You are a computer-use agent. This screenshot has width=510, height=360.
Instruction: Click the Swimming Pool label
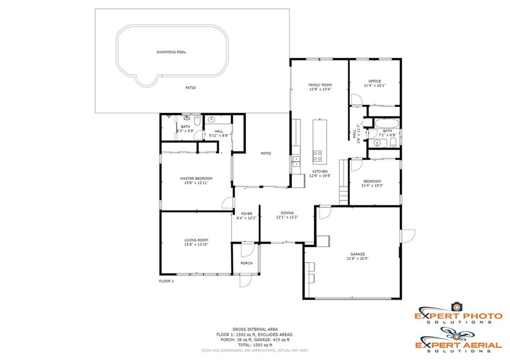coord(171,52)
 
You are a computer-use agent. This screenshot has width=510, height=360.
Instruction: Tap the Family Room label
coord(320,85)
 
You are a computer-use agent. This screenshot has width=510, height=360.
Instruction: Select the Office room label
coord(375,81)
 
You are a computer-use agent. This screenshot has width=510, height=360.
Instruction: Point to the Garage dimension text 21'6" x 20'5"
coord(358,259)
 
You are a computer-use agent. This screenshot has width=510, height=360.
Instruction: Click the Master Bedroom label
coord(196,179)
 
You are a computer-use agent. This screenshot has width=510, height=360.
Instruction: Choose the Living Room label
coord(196,240)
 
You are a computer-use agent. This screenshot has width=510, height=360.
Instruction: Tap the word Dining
coord(287,213)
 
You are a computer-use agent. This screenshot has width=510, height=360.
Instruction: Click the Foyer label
coord(247,214)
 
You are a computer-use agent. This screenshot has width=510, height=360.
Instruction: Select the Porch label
coord(247,263)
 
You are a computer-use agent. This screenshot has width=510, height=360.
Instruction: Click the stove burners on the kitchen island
coord(317,156)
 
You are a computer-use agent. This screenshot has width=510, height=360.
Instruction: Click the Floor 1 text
coord(166,281)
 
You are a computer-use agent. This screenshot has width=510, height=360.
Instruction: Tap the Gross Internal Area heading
coord(255,330)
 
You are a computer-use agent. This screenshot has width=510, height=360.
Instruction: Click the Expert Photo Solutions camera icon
coord(457,307)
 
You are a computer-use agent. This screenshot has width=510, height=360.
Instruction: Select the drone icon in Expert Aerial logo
coord(456,334)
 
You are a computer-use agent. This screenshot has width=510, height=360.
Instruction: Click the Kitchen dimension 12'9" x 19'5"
coord(320,176)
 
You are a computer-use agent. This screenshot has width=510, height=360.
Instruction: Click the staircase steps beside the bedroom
coord(344,182)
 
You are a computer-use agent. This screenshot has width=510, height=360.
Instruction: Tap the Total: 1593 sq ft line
coord(255,345)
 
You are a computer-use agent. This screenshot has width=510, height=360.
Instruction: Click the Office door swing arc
coord(356,100)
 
